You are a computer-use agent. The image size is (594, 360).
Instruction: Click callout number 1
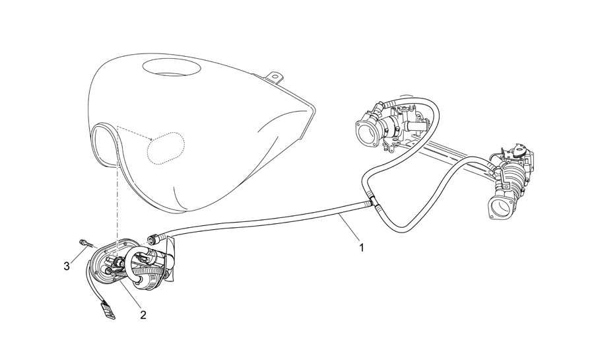coord(362,248)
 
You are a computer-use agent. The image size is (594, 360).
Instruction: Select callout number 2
coord(143,315)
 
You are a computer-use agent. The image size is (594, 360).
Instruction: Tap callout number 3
coord(67,266)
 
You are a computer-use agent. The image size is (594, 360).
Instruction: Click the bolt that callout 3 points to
coord(85,243)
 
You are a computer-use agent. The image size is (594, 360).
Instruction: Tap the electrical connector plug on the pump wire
coord(107,309)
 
